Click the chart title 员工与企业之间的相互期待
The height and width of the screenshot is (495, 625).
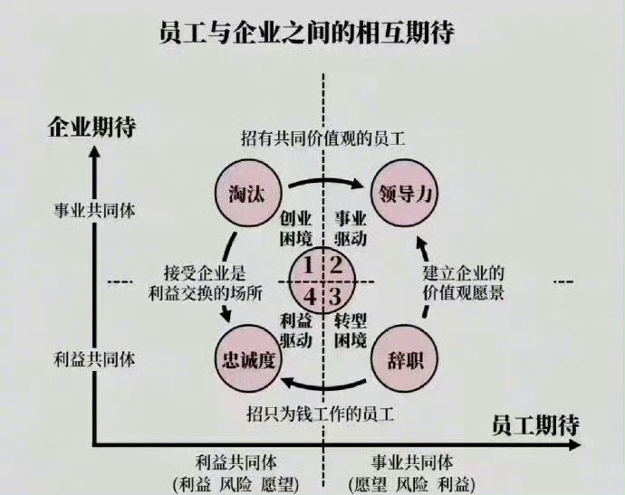click(306, 32)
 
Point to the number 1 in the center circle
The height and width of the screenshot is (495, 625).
click(308, 265)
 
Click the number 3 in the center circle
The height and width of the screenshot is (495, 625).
click(336, 297)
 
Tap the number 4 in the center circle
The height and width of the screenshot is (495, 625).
click(309, 297)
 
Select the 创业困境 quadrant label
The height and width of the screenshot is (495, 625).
click(295, 228)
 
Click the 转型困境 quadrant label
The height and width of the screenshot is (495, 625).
click(350, 329)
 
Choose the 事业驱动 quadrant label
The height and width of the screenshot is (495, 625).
click(350, 228)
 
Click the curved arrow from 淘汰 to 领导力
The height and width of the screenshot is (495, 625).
click(326, 181)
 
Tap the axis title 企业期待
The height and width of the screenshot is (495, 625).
click(92, 127)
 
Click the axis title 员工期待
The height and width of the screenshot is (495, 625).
click(535, 425)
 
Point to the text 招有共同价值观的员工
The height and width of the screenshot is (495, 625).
click(323, 139)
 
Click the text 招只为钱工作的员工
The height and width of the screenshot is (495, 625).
click(321, 414)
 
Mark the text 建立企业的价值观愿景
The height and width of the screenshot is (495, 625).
click(463, 282)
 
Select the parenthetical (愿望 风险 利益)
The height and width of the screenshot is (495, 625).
click(412, 485)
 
